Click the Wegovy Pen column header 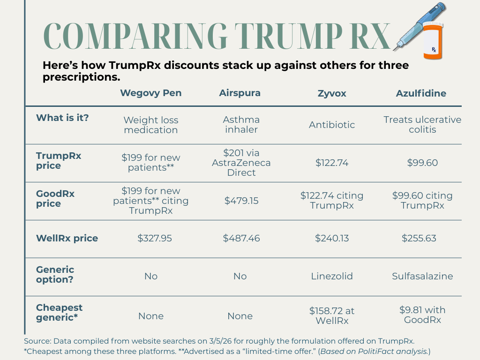click(150, 93)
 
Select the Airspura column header click(240, 93)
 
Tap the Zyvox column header click(332, 93)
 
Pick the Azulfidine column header click(421, 93)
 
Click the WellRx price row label click(67, 238)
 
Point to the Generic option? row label click(55, 274)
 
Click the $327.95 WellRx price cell click(155, 238)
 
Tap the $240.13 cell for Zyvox click(332, 238)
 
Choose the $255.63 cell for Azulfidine click(419, 238)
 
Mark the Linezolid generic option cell click(332, 276)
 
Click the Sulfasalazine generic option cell click(422, 276)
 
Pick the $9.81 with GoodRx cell click(422, 315)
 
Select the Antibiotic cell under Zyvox click(332, 125)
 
